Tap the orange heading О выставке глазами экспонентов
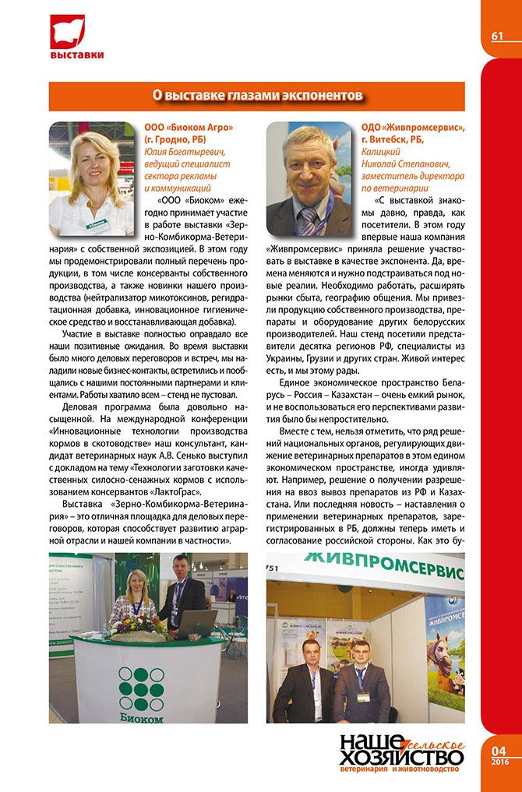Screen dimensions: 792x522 [x=256, y=96]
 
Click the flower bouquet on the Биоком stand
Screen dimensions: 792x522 [x=143, y=625]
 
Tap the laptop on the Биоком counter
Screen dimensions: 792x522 [x=195, y=624]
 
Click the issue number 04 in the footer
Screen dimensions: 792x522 [x=499, y=750]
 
